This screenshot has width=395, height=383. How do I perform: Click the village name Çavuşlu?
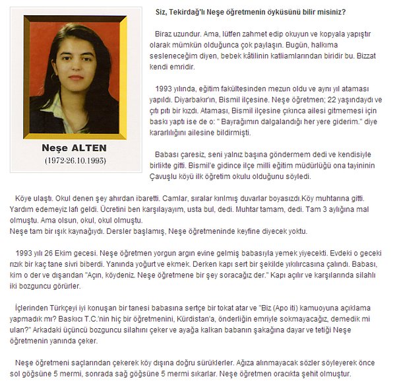(x=169, y=177)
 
